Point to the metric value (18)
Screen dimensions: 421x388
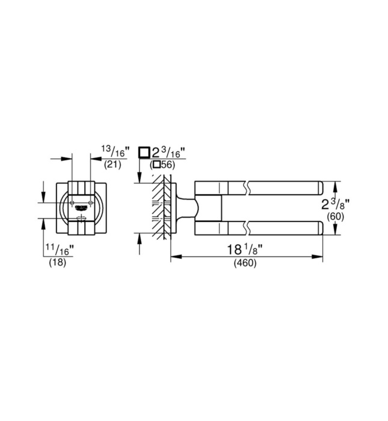click(57, 263)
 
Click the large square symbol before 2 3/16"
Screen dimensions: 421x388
click(144, 152)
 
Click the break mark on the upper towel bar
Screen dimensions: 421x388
click(247, 187)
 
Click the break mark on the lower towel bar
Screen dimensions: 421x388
click(247, 227)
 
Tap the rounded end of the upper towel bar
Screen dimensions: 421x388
click(321, 187)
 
